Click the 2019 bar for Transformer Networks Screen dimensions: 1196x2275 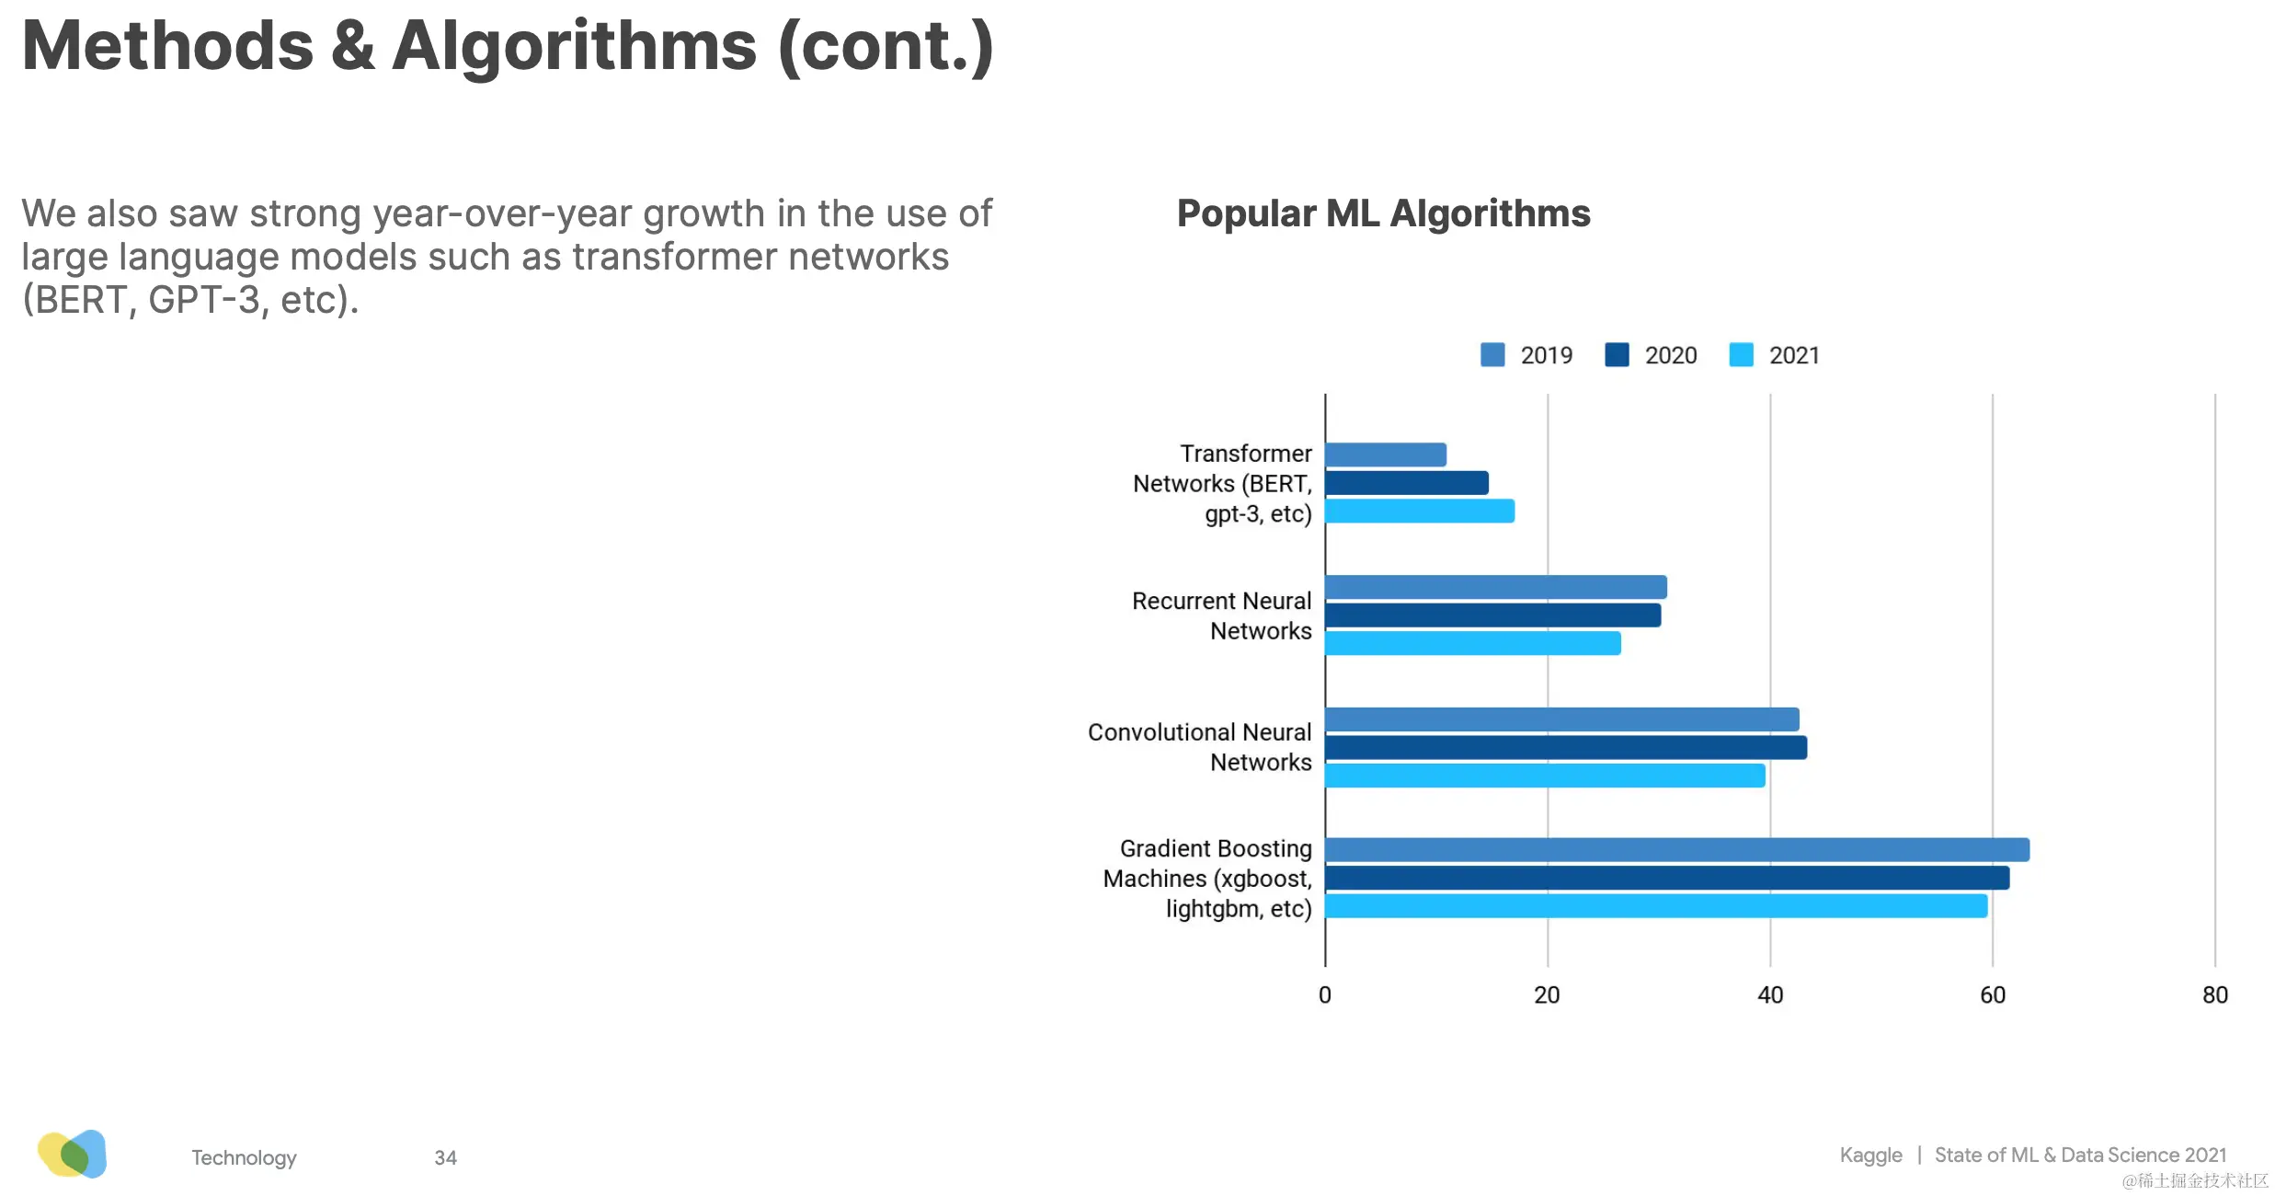(x=1385, y=454)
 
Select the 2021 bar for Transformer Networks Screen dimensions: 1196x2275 (x=1419, y=512)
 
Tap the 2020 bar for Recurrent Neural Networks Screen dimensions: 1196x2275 (x=1492, y=615)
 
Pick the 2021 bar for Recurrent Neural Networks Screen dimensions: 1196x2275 (x=1472, y=644)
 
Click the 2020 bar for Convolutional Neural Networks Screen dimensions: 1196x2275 (x=1565, y=748)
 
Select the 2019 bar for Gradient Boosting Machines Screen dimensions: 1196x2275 (x=1676, y=850)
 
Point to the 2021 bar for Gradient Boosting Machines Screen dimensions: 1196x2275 (x=1655, y=906)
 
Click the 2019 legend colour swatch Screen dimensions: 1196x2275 (x=1492, y=355)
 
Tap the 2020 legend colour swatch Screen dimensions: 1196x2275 (x=1617, y=355)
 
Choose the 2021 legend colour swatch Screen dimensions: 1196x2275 (x=1741, y=355)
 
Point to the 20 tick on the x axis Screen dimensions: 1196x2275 (x=1547, y=995)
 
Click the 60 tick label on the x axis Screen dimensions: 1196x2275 (x=1993, y=995)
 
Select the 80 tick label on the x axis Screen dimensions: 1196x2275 (x=2215, y=995)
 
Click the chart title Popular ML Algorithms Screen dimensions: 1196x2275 (x=1383, y=213)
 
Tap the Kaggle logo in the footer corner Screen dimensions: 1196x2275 (x=73, y=1154)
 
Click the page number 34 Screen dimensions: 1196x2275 (x=445, y=1157)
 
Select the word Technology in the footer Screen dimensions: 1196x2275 (x=244, y=1157)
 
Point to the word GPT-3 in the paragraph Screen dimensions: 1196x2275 (x=204, y=300)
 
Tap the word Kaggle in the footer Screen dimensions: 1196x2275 (x=1870, y=1156)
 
